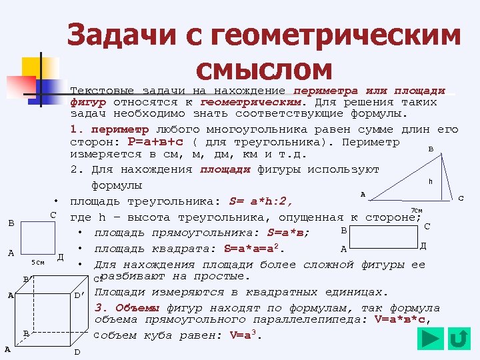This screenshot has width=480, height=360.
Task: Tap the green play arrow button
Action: tap(431, 339)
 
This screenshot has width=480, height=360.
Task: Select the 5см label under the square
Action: tap(38, 262)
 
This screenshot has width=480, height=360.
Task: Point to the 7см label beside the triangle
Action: tap(417, 211)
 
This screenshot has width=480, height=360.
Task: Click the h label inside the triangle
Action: tap(431, 181)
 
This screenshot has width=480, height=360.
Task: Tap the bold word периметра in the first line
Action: tap(325, 90)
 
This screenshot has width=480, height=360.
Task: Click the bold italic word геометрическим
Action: tap(251, 103)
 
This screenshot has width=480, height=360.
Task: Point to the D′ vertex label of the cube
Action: tap(79, 294)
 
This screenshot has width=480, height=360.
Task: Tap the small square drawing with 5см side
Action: tap(37, 237)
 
